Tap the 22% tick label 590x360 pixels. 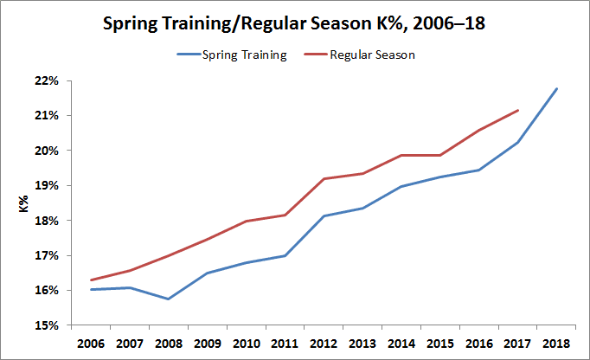[x=46, y=81]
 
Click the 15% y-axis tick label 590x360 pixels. [x=46, y=325]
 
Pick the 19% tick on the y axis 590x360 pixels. [x=46, y=186]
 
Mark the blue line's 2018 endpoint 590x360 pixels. [x=556, y=88]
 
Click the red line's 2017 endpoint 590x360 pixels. [x=517, y=110]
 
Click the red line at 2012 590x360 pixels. [x=324, y=179]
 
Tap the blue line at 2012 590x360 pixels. [x=324, y=216]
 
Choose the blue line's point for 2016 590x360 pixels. [x=478, y=170]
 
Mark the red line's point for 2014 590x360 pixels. [x=401, y=156]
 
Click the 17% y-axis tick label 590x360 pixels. [x=46, y=256]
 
